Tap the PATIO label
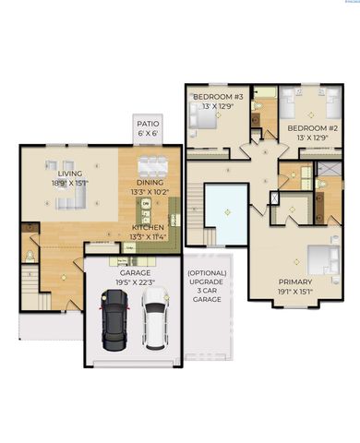tap(148, 123)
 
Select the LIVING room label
tap(70, 174)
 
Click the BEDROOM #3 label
tap(218, 96)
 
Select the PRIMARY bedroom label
tap(294, 281)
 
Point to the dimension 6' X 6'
tap(148, 133)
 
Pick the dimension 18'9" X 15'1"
tap(70, 183)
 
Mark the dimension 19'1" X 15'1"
tap(294, 292)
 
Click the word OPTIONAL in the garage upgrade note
tap(207, 274)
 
